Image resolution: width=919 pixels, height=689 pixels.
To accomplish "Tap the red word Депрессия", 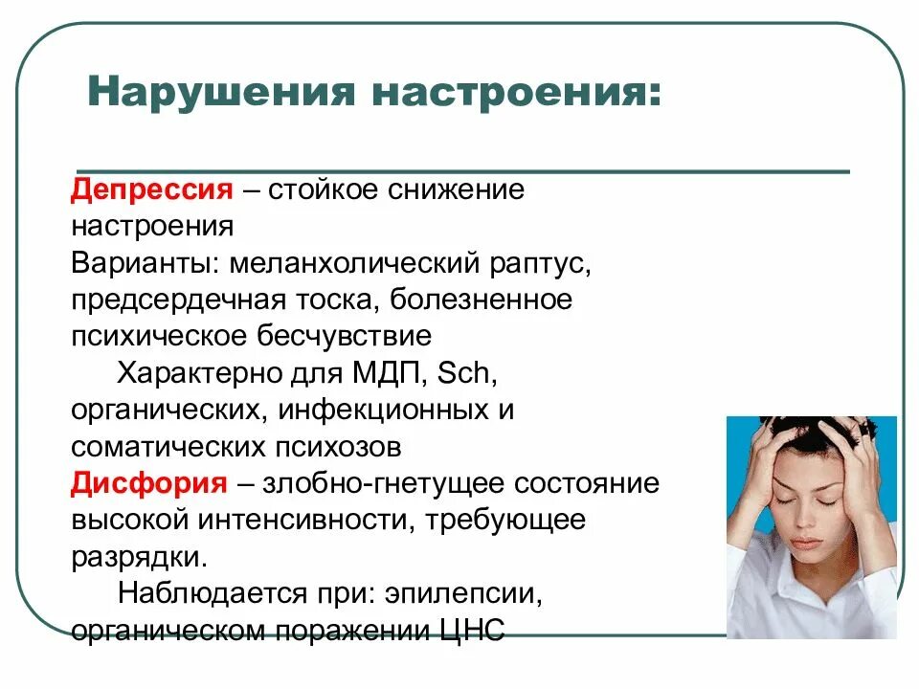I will [x=151, y=189].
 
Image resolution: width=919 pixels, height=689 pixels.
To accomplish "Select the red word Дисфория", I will [x=148, y=483].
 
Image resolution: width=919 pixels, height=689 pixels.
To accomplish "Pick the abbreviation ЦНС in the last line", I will [x=468, y=632].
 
